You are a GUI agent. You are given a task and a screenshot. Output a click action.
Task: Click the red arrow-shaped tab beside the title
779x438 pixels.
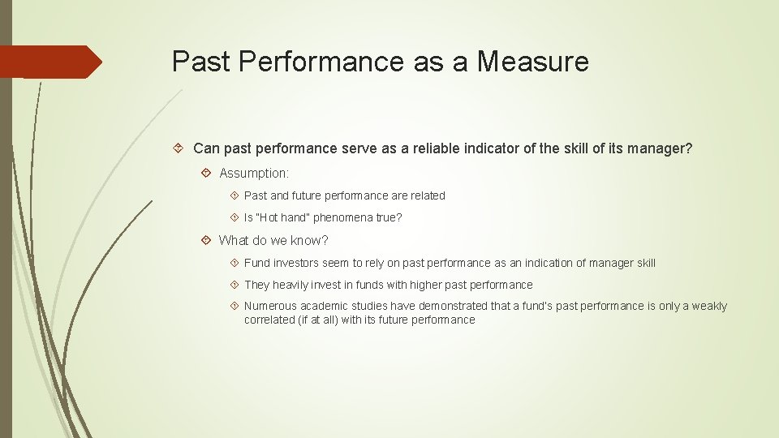click(50, 62)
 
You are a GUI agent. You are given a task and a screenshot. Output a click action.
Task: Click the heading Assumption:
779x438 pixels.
click(254, 174)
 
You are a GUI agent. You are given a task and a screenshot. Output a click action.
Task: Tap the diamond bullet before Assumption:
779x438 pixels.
click(207, 174)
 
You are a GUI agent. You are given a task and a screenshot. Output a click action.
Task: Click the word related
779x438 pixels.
click(426, 195)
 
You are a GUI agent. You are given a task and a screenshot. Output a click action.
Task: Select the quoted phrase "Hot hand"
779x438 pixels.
click(283, 217)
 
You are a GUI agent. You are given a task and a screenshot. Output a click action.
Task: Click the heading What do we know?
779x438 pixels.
click(273, 240)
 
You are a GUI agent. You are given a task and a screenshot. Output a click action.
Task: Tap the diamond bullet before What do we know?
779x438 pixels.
click(207, 240)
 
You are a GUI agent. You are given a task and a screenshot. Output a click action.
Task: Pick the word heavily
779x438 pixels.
click(291, 285)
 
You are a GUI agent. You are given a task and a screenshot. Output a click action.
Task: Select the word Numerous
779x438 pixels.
click(270, 306)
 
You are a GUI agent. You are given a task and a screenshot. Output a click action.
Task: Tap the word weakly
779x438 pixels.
click(708, 306)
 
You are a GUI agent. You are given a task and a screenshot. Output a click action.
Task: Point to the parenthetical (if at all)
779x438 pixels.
click(312, 320)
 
